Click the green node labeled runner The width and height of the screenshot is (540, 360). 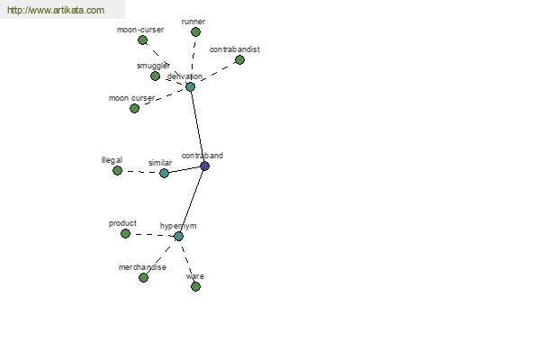(195, 32)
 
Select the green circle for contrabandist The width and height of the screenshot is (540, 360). (239, 60)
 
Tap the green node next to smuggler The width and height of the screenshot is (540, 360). (156, 76)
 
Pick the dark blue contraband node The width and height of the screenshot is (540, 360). (205, 166)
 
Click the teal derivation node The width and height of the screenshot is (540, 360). (191, 86)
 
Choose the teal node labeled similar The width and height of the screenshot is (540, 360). (165, 173)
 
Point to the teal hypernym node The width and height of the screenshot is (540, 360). (178, 237)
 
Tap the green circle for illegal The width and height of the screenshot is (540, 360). (117, 170)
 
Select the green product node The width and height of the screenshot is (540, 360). (125, 234)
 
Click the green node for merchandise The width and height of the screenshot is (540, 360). (144, 278)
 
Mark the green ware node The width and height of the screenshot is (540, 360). (195, 286)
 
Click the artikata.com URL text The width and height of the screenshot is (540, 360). (56, 10)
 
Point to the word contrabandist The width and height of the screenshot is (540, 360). (235, 49)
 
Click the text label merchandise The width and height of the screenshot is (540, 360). (142, 267)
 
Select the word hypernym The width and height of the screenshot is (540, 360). (178, 226)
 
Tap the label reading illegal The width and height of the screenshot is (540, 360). (112, 160)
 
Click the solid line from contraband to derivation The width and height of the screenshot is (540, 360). (198, 126)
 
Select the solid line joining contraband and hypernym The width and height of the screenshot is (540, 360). (192, 202)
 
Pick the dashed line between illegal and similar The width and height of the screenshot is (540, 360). (141, 172)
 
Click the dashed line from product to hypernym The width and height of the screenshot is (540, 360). (152, 235)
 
